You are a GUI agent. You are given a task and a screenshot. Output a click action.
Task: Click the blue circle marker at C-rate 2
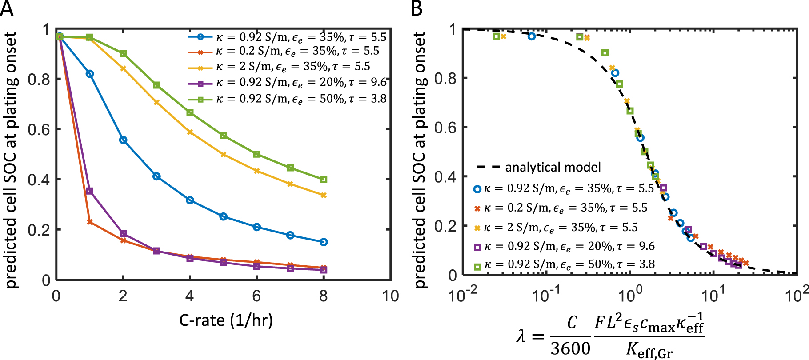[x=123, y=140]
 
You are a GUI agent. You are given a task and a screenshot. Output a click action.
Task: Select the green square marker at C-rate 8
[x=324, y=180]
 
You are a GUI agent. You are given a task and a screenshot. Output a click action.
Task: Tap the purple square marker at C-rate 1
[x=90, y=191]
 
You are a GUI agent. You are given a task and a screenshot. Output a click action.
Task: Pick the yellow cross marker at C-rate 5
[x=224, y=154]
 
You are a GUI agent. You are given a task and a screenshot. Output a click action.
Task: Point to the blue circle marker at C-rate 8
[x=324, y=242]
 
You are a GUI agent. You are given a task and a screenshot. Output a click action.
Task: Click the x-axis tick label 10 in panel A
[x=390, y=296]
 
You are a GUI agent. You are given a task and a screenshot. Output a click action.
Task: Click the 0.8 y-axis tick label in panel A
[x=39, y=79]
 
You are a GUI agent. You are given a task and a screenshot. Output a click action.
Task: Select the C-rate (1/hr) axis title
[x=226, y=320]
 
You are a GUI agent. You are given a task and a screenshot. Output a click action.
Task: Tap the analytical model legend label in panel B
[x=553, y=167]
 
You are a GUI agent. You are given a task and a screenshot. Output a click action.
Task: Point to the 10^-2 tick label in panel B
[x=462, y=295]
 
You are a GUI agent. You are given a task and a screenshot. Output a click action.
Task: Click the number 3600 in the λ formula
[x=570, y=348]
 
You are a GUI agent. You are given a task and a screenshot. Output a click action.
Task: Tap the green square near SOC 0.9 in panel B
[x=605, y=53]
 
